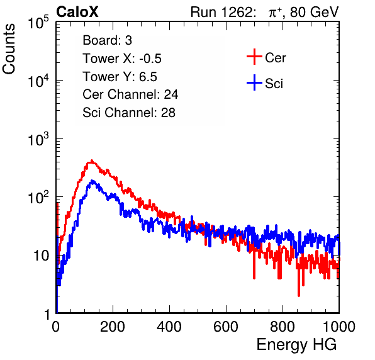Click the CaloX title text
pyautogui.click(x=77, y=11)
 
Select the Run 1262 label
pyautogui.click(x=221, y=12)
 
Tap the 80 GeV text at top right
pyautogui.click(x=314, y=12)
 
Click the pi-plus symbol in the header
pyautogui.click(x=275, y=13)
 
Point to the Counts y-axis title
pyautogui.click(x=9, y=48)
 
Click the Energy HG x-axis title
pyautogui.click(x=296, y=345)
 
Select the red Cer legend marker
pyautogui.click(x=254, y=57)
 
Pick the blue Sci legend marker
pyautogui.click(x=254, y=82)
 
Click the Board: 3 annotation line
pyautogui.click(x=107, y=40)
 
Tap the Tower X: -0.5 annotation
pyautogui.click(x=122, y=59)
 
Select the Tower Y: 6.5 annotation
pyautogui.click(x=120, y=77)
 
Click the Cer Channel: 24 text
pyautogui.click(x=130, y=94)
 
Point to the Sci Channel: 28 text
pyautogui.click(x=129, y=113)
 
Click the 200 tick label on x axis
pyautogui.click(x=113, y=327)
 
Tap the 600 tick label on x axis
pyautogui.click(x=226, y=327)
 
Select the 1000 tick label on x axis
pyautogui.click(x=339, y=327)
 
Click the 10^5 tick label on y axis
pyautogui.click(x=38, y=23)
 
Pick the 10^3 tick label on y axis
pyautogui.click(x=38, y=139)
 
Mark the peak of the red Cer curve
pyautogui.click(x=92, y=160)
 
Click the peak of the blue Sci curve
pyautogui.click(x=92, y=181)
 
